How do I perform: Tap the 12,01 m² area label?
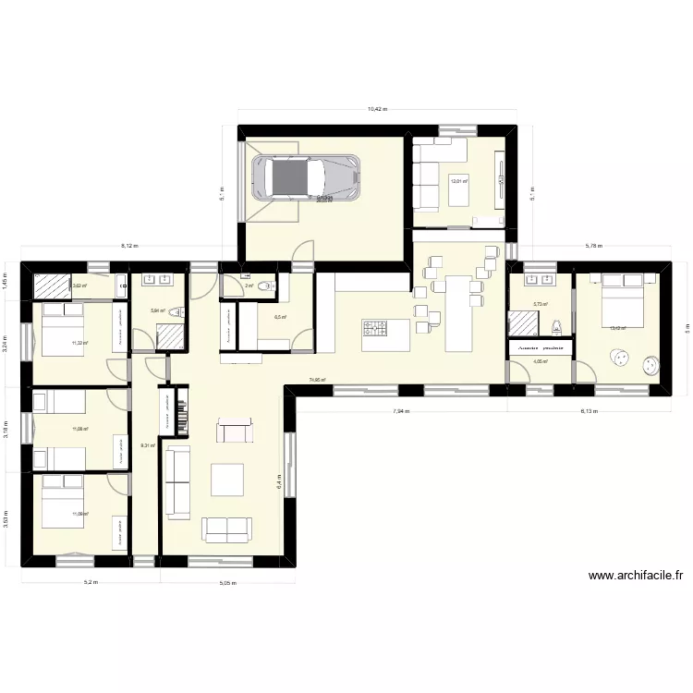point(458,181)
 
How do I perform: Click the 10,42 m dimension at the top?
point(377,109)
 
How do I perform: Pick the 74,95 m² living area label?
point(316,380)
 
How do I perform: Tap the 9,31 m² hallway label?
point(147,445)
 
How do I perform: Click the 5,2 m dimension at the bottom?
point(91,583)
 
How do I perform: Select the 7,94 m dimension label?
point(399,412)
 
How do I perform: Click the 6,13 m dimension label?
point(589,412)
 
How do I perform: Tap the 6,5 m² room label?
point(279,317)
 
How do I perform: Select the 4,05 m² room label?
point(541,361)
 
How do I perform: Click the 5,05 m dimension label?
point(227,583)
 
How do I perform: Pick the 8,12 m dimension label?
point(128,246)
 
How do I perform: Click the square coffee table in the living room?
point(227,480)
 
